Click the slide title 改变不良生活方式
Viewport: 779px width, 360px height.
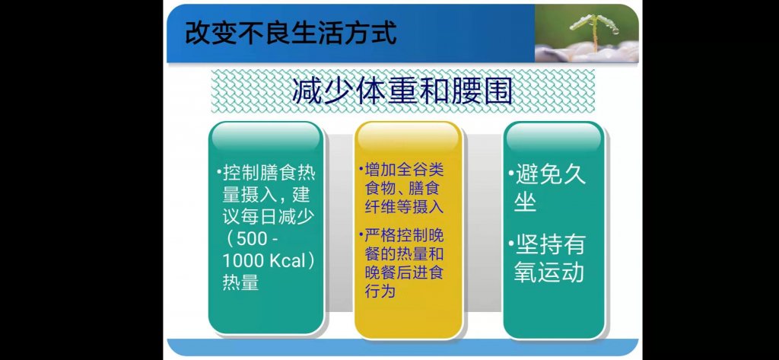(291, 33)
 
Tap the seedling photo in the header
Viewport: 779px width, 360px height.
(587, 33)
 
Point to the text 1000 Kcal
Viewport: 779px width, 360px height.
(263, 261)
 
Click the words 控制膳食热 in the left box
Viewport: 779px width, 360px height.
(269, 174)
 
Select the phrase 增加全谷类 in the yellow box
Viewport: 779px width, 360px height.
(404, 170)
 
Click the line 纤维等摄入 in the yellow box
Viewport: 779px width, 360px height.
(404, 206)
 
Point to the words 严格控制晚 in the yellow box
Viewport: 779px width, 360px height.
(404, 235)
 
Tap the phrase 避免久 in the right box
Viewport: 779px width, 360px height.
(550, 175)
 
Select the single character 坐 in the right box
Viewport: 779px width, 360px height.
(526, 202)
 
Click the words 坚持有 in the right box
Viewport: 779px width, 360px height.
(550, 246)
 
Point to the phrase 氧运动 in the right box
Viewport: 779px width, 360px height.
(549, 273)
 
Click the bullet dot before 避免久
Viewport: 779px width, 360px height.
(511, 175)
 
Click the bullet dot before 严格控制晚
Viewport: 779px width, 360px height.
(361, 235)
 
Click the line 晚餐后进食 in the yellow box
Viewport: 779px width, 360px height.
(404, 272)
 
